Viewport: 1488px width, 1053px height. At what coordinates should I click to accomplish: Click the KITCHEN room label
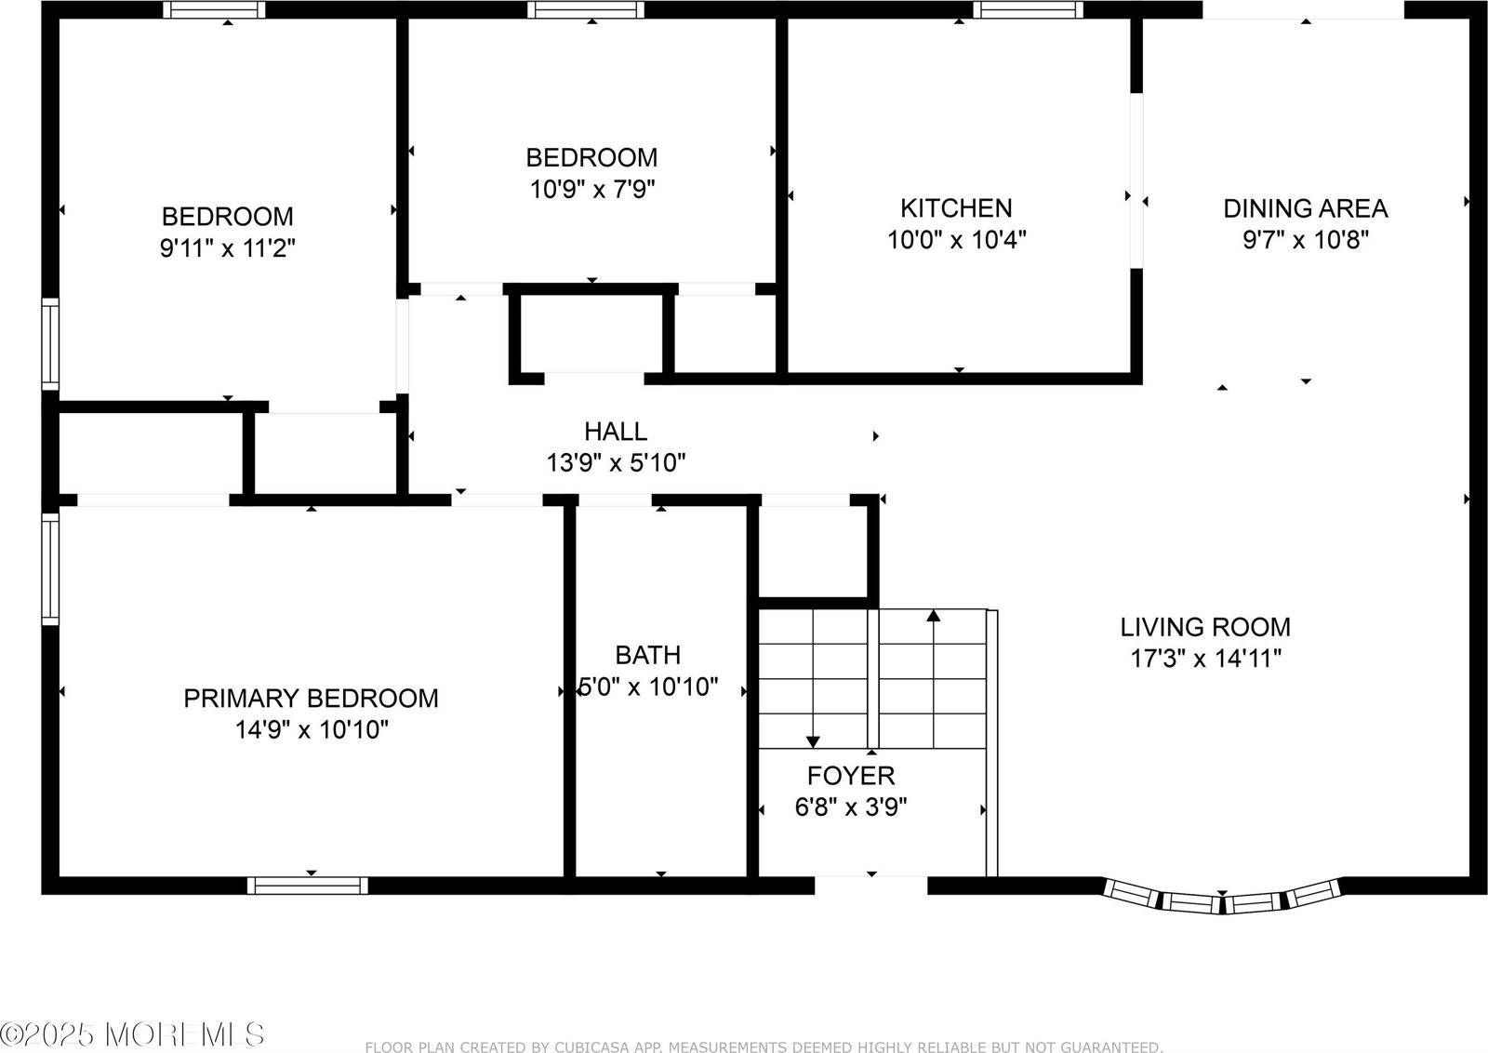click(x=956, y=207)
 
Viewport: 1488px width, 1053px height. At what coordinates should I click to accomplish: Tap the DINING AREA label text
click(x=1305, y=208)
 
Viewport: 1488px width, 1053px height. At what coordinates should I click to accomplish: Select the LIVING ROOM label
click(x=1204, y=627)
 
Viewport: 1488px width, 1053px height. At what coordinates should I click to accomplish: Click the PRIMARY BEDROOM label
click(x=311, y=698)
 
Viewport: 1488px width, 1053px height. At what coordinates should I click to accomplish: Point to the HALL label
click(x=616, y=431)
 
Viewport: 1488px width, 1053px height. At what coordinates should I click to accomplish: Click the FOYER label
click(x=850, y=775)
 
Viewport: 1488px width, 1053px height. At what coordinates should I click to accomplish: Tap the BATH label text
click(x=647, y=655)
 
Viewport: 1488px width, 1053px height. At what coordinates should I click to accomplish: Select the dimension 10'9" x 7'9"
click(x=592, y=190)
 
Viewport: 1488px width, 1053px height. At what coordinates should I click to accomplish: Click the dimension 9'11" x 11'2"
click(x=228, y=248)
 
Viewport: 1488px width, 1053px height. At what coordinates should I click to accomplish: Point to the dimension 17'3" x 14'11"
click(x=1205, y=660)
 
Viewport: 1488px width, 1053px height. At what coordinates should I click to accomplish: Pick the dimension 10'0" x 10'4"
click(x=956, y=240)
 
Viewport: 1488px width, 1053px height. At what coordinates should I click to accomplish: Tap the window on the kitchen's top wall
click(x=1028, y=10)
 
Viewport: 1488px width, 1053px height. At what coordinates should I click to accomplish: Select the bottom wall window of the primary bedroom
click(x=308, y=885)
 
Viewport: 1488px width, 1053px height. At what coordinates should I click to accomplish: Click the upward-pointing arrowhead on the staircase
click(x=934, y=615)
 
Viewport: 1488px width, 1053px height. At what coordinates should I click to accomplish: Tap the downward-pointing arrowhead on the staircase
click(x=813, y=741)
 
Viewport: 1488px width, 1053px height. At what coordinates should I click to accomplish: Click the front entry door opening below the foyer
click(x=871, y=883)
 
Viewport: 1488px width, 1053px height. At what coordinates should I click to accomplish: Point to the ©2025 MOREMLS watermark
click(x=132, y=1033)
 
